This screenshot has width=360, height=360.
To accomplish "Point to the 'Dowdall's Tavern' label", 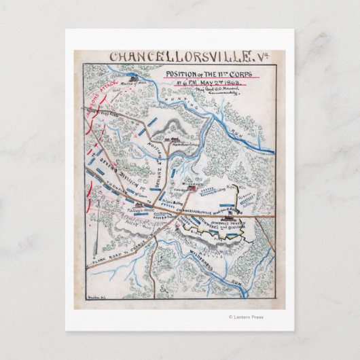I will (x=231, y=223).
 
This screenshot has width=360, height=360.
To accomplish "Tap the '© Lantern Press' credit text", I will (x=250, y=316).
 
